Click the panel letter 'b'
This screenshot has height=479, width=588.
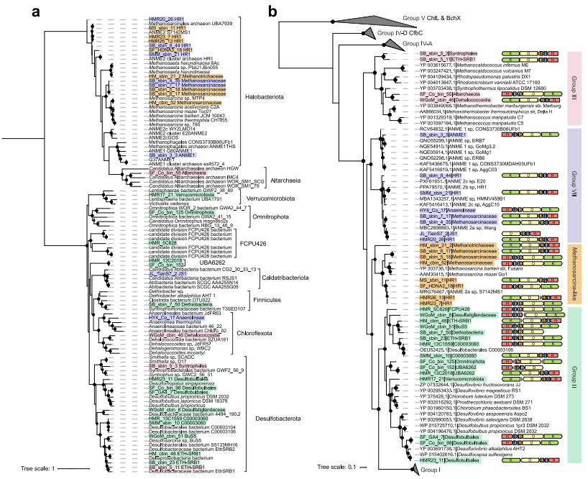point(275,12)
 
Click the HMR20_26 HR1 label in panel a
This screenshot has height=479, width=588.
point(165,17)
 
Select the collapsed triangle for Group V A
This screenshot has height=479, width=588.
point(392,45)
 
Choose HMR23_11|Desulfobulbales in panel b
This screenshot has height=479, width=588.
point(447,460)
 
